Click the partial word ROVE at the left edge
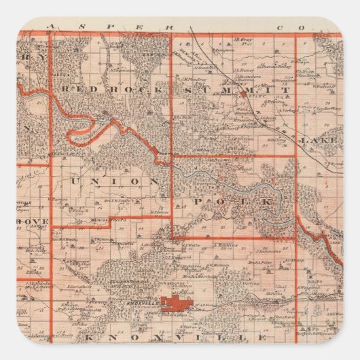point(34,221)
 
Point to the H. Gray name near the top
point(242,39)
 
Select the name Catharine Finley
point(275,67)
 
